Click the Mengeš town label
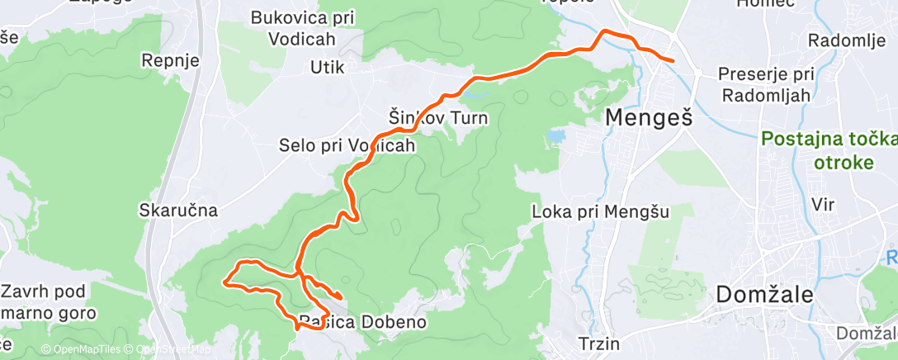(x=648, y=118)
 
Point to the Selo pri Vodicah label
(x=346, y=145)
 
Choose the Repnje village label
(x=170, y=60)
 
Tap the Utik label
(x=327, y=67)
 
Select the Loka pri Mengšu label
(x=600, y=211)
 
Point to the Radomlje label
(x=841, y=40)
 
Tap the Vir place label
(x=824, y=203)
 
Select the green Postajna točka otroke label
(x=826, y=150)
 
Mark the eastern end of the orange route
(x=673, y=61)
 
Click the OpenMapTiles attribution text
(x=87, y=349)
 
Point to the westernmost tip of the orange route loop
(x=224, y=282)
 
